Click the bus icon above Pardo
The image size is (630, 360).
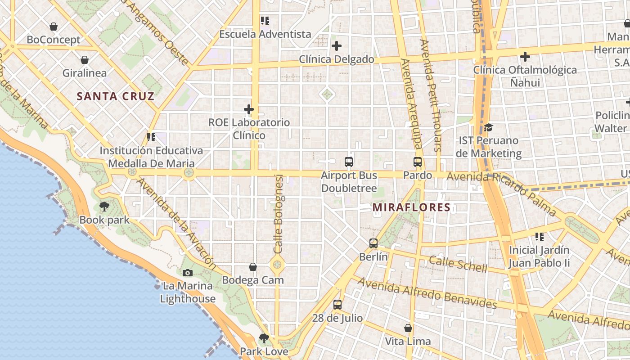pyautogui.click(x=418, y=162)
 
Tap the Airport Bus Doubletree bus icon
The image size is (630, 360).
pyautogui.click(x=349, y=162)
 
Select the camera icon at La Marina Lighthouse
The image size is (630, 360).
pyautogui.click(x=188, y=273)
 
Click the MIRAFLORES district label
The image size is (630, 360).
pyautogui.click(x=412, y=207)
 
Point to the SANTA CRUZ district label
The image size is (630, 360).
pyautogui.click(x=116, y=96)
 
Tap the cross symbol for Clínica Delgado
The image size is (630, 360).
pyautogui.click(x=337, y=46)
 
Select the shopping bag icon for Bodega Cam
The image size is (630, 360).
pyautogui.click(x=253, y=267)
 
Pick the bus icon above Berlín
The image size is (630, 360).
pyautogui.click(x=373, y=243)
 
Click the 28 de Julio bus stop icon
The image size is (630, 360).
pyautogui.click(x=337, y=305)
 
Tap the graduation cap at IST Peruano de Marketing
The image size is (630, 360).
pyautogui.click(x=488, y=128)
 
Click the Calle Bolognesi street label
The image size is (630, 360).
pyautogui.click(x=278, y=214)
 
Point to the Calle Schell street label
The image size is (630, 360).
pyautogui.click(x=458, y=264)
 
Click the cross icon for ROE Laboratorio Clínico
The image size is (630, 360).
pyautogui.click(x=249, y=109)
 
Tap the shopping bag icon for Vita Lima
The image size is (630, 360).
pyautogui.click(x=408, y=328)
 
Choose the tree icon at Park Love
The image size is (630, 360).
pyautogui.click(x=264, y=338)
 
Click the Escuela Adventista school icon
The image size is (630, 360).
pyautogui.click(x=265, y=21)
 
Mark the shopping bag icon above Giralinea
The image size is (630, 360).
pyautogui.click(x=85, y=60)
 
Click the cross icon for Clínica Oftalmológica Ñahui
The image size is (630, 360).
pyautogui.click(x=525, y=57)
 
